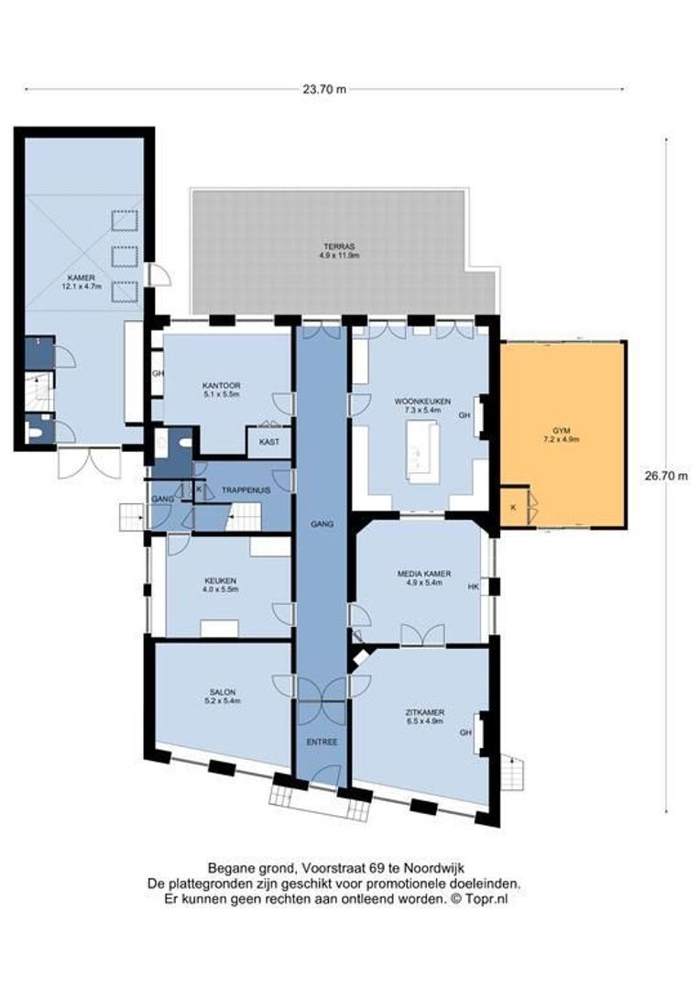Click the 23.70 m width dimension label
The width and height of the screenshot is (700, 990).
324,89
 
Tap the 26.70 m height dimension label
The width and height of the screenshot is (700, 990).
666,475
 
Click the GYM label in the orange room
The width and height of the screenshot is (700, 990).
560,434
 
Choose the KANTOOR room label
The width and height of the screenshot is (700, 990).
220,390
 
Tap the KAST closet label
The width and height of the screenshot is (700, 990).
269,442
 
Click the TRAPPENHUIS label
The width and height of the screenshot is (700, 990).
246,491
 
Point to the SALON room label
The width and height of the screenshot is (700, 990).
223,696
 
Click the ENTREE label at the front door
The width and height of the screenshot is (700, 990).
322,741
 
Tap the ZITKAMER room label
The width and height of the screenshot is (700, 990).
424,715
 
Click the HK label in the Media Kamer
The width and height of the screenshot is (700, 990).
474,587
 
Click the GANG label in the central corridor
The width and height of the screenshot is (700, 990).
323,524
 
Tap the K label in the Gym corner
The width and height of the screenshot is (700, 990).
512,506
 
